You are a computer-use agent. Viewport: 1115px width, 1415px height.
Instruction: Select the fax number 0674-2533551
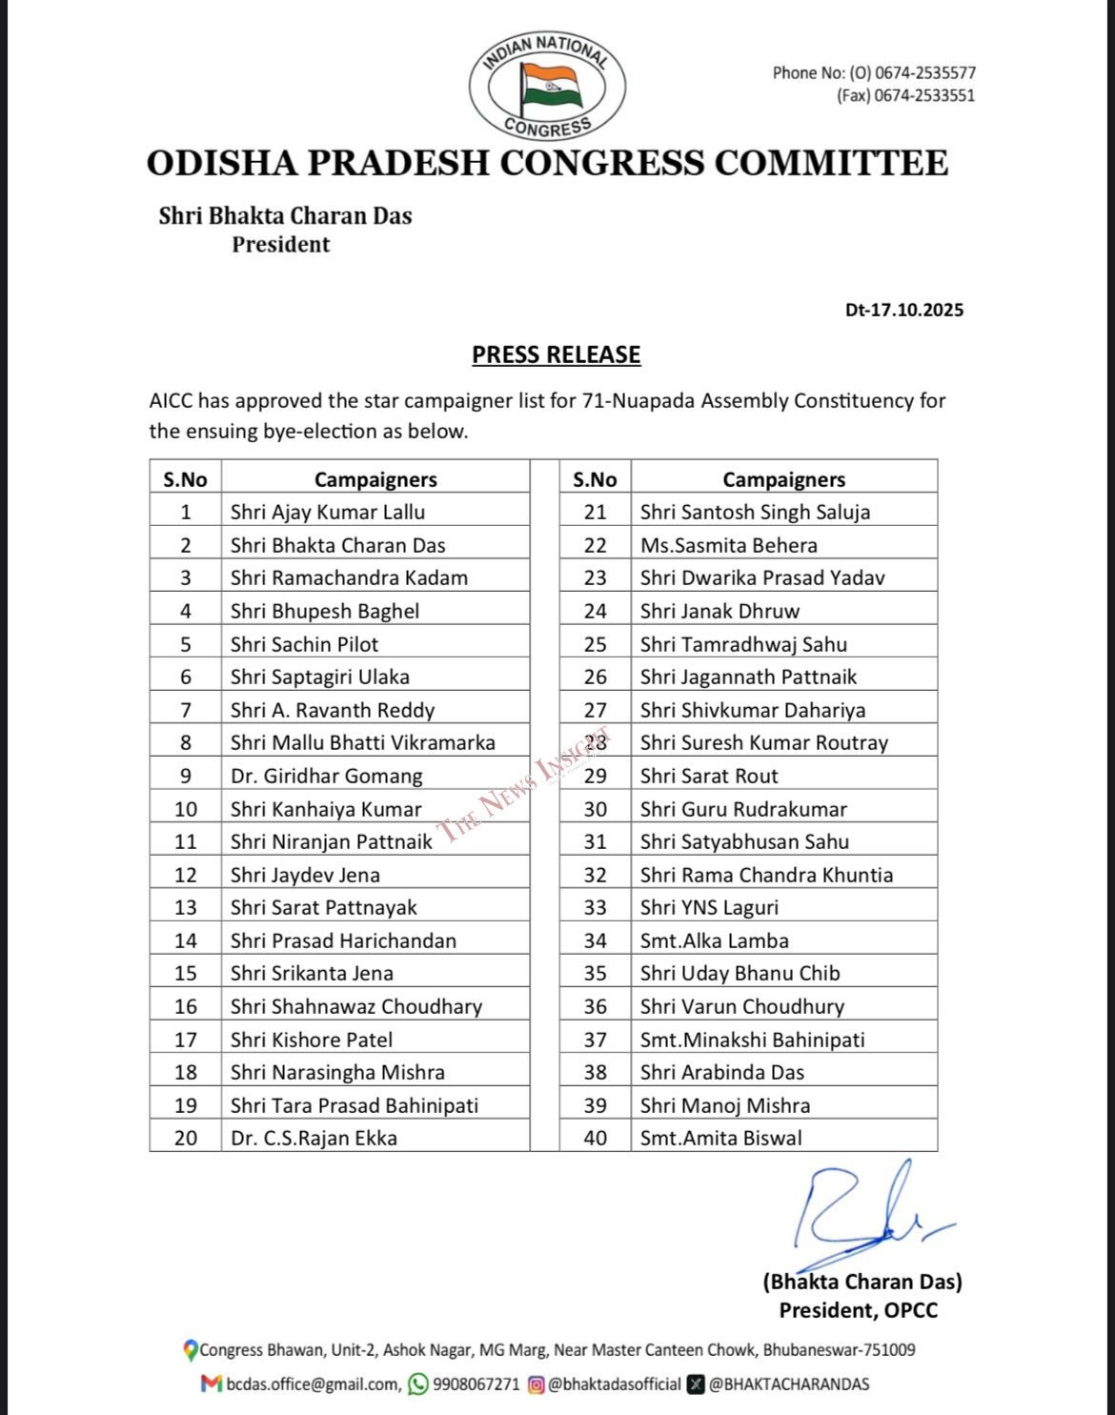pos(923,95)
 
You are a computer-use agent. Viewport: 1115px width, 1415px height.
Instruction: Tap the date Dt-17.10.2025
pos(903,310)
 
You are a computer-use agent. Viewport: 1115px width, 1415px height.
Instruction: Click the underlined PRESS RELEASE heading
pos(557,354)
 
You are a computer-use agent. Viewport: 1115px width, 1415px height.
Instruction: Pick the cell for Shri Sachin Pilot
pos(304,644)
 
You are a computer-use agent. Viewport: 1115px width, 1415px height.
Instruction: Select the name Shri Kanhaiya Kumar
pos(325,809)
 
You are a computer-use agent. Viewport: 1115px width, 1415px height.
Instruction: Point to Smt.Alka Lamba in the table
pos(714,940)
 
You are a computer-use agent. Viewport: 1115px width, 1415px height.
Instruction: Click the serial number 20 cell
pos(186,1138)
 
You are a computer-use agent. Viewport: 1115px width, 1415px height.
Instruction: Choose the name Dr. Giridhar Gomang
pos(326,776)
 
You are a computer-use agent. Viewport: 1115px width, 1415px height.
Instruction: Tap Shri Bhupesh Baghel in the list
pos(324,611)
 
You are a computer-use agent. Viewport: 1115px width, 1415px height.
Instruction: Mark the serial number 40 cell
pos(596,1138)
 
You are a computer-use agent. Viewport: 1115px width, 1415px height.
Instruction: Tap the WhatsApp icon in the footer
pos(417,1385)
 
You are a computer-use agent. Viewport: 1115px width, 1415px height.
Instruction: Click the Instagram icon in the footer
pos(537,1385)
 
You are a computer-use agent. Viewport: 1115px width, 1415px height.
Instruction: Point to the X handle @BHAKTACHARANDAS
pos(788,1385)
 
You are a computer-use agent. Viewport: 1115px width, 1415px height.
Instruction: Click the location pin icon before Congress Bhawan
pos(191,1350)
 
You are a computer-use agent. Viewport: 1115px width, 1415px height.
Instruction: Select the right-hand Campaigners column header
pos(783,479)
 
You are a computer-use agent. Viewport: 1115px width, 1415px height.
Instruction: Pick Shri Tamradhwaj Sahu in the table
pos(743,644)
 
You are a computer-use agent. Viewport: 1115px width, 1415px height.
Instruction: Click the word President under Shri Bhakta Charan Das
pos(281,245)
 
